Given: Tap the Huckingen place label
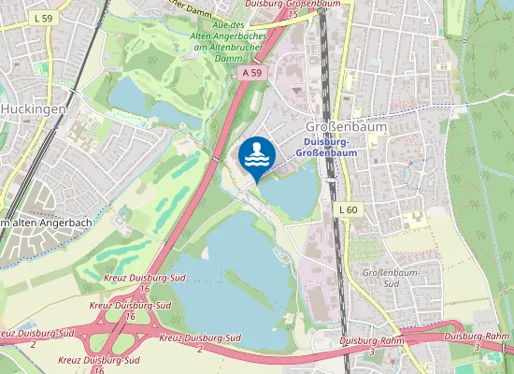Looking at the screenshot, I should click(32, 108).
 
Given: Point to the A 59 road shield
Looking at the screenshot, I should click(255, 71).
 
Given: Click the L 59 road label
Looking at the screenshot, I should click(41, 18).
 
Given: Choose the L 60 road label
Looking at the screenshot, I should click(348, 209).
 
